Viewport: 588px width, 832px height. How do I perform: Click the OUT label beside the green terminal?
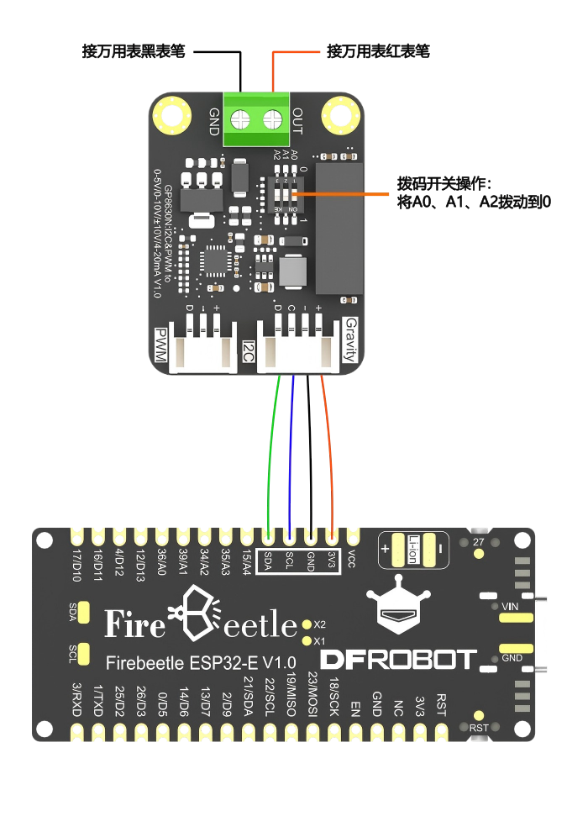point(297,118)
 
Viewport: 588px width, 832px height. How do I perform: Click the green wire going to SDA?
point(270,454)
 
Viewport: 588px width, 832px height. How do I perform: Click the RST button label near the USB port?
point(478,728)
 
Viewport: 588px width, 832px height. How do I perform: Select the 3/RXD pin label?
point(76,698)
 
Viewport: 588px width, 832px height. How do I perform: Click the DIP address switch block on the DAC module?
point(287,195)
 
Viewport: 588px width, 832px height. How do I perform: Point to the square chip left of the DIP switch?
point(217,261)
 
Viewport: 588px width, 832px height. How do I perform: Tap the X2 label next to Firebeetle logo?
point(319,625)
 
